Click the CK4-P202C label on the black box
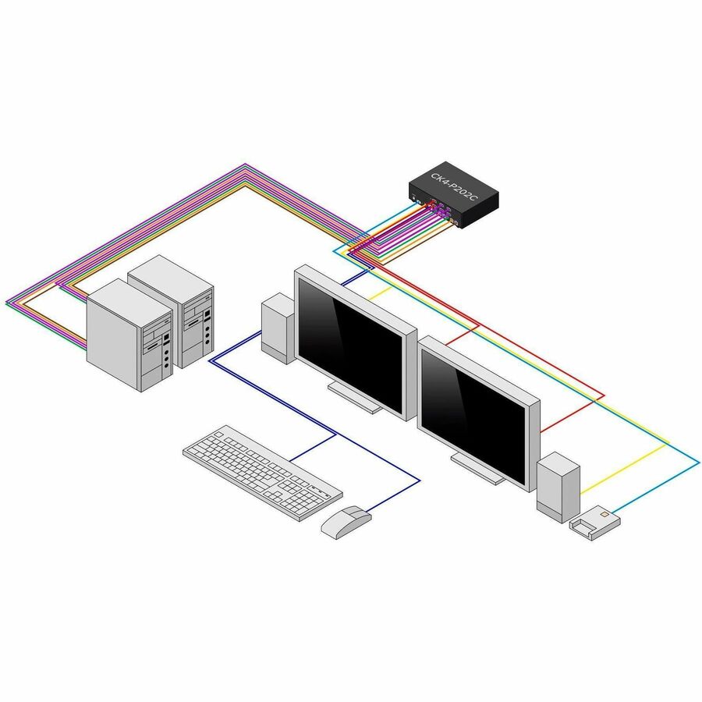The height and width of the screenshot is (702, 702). [x=453, y=186]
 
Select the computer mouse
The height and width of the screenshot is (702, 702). [x=346, y=521]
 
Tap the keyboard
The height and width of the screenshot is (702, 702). [x=263, y=473]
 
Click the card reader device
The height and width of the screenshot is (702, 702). [x=595, y=523]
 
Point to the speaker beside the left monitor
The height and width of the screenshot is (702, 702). [x=278, y=328]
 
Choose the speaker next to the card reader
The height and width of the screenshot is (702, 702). [x=558, y=487]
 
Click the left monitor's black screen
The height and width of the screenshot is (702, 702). [x=350, y=346]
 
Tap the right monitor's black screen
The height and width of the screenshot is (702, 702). [x=473, y=417]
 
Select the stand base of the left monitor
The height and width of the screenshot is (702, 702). [x=355, y=398]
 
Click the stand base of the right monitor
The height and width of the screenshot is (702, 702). [x=477, y=469]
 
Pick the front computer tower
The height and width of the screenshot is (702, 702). [x=129, y=335]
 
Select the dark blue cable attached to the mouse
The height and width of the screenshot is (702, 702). [x=393, y=496]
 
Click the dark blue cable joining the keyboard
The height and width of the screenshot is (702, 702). [x=313, y=447]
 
